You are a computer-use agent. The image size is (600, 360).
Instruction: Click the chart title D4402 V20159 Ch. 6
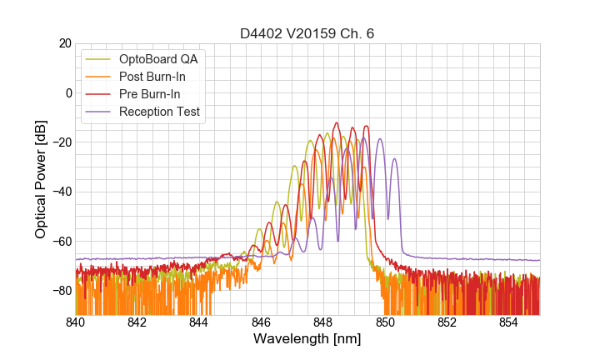[307, 33]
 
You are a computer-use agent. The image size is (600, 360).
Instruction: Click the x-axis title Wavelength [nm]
[307, 339]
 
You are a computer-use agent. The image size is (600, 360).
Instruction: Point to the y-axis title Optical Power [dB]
[41, 179]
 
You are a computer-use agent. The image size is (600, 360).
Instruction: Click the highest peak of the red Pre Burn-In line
[337, 122]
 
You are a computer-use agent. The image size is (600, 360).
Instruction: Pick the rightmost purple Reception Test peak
[396, 159]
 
